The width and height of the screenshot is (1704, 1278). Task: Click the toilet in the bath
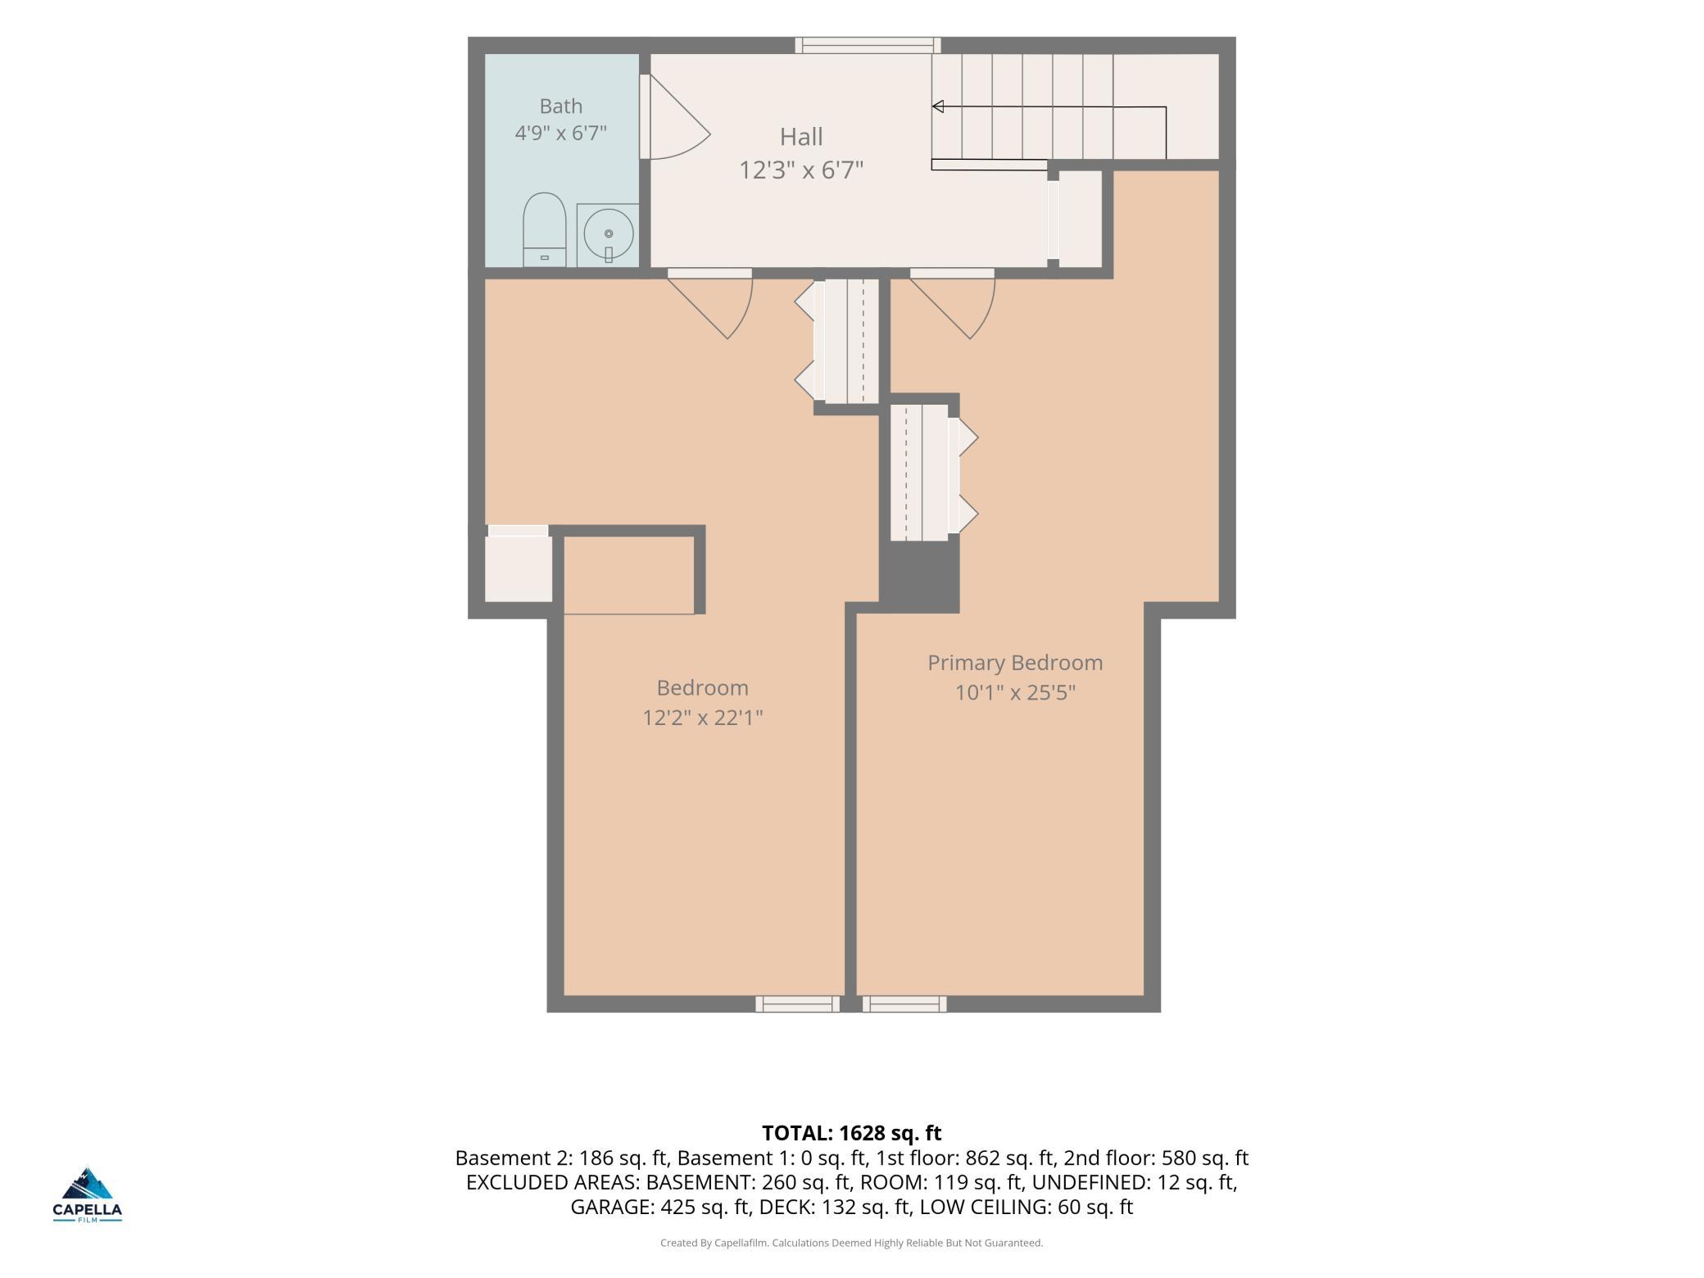pyautogui.click(x=545, y=229)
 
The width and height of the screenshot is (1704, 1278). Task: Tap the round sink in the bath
pyautogui.click(x=608, y=234)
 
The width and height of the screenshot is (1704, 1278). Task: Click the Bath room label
pyautogui.click(x=561, y=106)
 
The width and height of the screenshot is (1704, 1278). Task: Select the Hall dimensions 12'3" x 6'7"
pyautogui.click(x=801, y=170)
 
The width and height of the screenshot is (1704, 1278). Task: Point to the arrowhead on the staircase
pyautogui.click(x=938, y=106)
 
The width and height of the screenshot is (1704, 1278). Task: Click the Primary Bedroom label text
pyautogui.click(x=1015, y=663)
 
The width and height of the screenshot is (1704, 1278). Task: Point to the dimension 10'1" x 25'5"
pyautogui.click(x=1015, y=693)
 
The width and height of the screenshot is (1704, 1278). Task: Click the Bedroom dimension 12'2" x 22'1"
pyautogui.click(x=703, y=718)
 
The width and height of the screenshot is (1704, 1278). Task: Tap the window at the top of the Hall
pyautogui.click(x=868, y=45)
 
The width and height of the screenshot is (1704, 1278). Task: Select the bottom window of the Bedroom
pyautogui.click(x=797, y=1004)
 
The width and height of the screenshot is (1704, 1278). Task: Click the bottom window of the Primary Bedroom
pyautogui.click(x=904, y=1004)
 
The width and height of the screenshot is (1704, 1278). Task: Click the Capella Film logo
pyautogui.click(x=88, y=1194)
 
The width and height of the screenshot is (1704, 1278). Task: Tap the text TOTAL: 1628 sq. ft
pyautogui.click(x=852, y=1133)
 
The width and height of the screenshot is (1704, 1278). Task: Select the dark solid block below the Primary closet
pyautogui.click(x=919, y=577)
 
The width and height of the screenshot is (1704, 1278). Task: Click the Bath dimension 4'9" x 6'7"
pyautogui.click(x=561, y=133)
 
